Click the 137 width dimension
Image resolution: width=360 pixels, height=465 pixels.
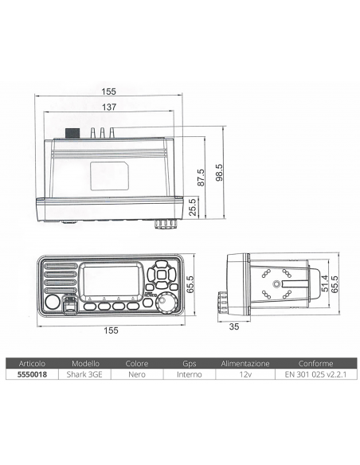(108, 107)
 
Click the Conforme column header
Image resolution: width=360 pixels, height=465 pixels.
(310, 362)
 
